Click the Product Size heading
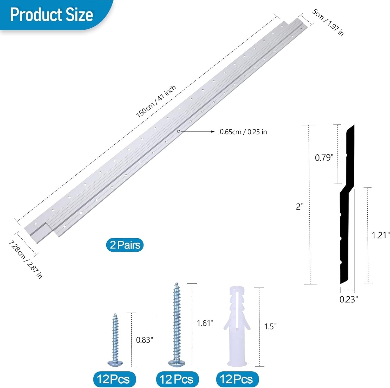(51, 15)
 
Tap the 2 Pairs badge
(125, 245)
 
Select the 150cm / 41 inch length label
(156, 101)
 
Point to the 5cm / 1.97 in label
(328, 22)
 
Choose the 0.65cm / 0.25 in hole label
(243, 132)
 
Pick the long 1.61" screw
(176, 324)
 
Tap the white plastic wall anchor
(236, 326)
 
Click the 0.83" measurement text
(145, 340)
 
